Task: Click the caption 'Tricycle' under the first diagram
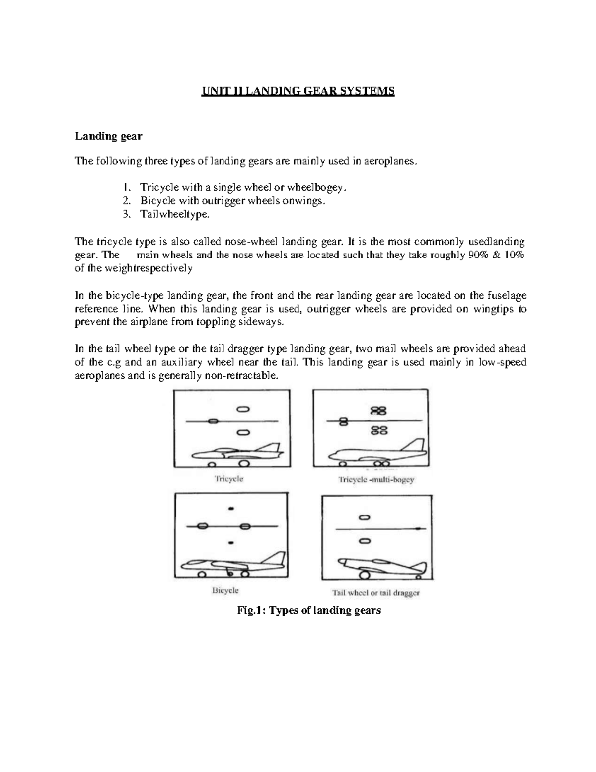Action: click(x=228, y=479)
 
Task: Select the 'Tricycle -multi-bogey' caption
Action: click(x=376, y=480)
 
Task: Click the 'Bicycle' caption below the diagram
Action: click(x=225, y=590)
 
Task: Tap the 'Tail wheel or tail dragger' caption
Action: click(x=376, y=593)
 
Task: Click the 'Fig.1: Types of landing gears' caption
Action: click(x=309, y=610)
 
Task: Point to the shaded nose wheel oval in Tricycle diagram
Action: click(x=213, y=421)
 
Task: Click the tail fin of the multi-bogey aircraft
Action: click(x=416, y=446)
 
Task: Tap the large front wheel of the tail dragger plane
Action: click(x=365, y=576)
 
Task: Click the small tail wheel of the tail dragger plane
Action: click(x=420, y=577)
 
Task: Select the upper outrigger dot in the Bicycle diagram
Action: click(x=230, y=509)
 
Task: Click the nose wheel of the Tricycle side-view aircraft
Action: click(x=211, y=464)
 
